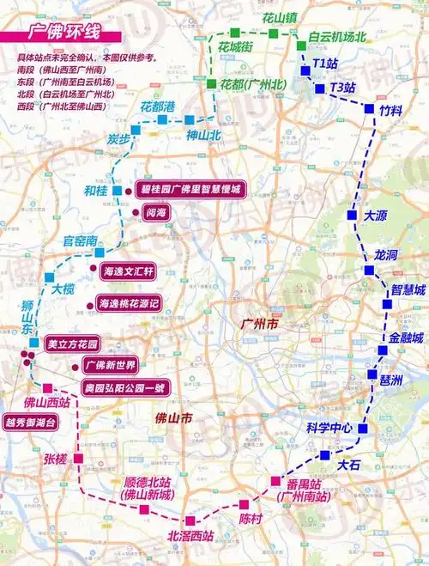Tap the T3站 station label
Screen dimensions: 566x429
point(347,88)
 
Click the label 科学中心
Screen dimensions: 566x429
point(329,428)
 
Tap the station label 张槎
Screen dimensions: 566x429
point(54,459)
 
